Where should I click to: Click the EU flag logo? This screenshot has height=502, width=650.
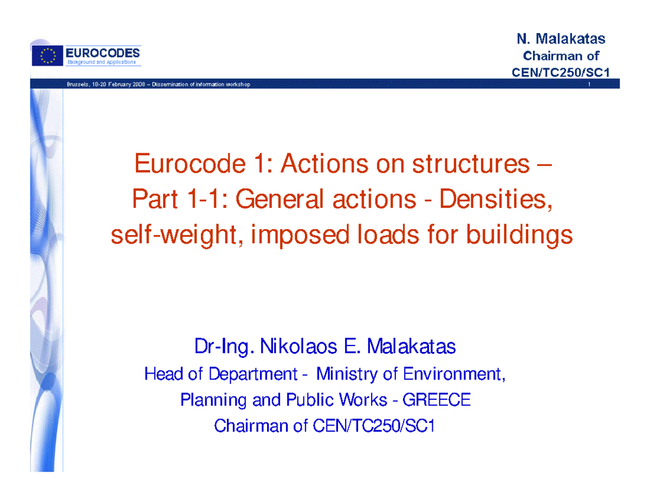(x=47, y=56)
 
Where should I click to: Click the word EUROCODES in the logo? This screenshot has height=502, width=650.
(x=102, y=53)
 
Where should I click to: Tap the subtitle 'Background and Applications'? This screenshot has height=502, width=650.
(x=101, y=62)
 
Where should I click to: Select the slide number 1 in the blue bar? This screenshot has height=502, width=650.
(x=589, y=84)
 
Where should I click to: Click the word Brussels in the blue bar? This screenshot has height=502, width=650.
(x=77, y=84)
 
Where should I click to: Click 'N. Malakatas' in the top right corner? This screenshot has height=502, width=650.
(x=561, y=39)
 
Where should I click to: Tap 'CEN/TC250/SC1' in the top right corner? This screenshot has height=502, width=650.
(x=561, y=73)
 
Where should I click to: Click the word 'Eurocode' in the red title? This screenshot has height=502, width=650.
(x=190, y=164)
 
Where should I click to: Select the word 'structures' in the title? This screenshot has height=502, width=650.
(x=471, y=164)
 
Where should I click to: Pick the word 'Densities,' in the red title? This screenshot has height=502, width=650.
(x=496, y=199)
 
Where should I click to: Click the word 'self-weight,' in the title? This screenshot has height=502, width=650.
(x=177, y=235)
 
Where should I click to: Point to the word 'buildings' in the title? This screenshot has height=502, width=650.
(x=519, y=235)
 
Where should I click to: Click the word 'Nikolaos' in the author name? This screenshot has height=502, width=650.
(x=299, y=346)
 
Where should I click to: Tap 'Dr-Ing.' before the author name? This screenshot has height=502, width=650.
(x=224, y=347)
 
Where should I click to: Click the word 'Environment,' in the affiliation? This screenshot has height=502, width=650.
(x=454, y=374)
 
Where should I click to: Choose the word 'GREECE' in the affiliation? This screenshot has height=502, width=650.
(x=437, y=400)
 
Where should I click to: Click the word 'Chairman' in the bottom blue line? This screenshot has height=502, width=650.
(x=251, y=426)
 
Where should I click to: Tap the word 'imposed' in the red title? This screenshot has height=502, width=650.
(x=300, y=236)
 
